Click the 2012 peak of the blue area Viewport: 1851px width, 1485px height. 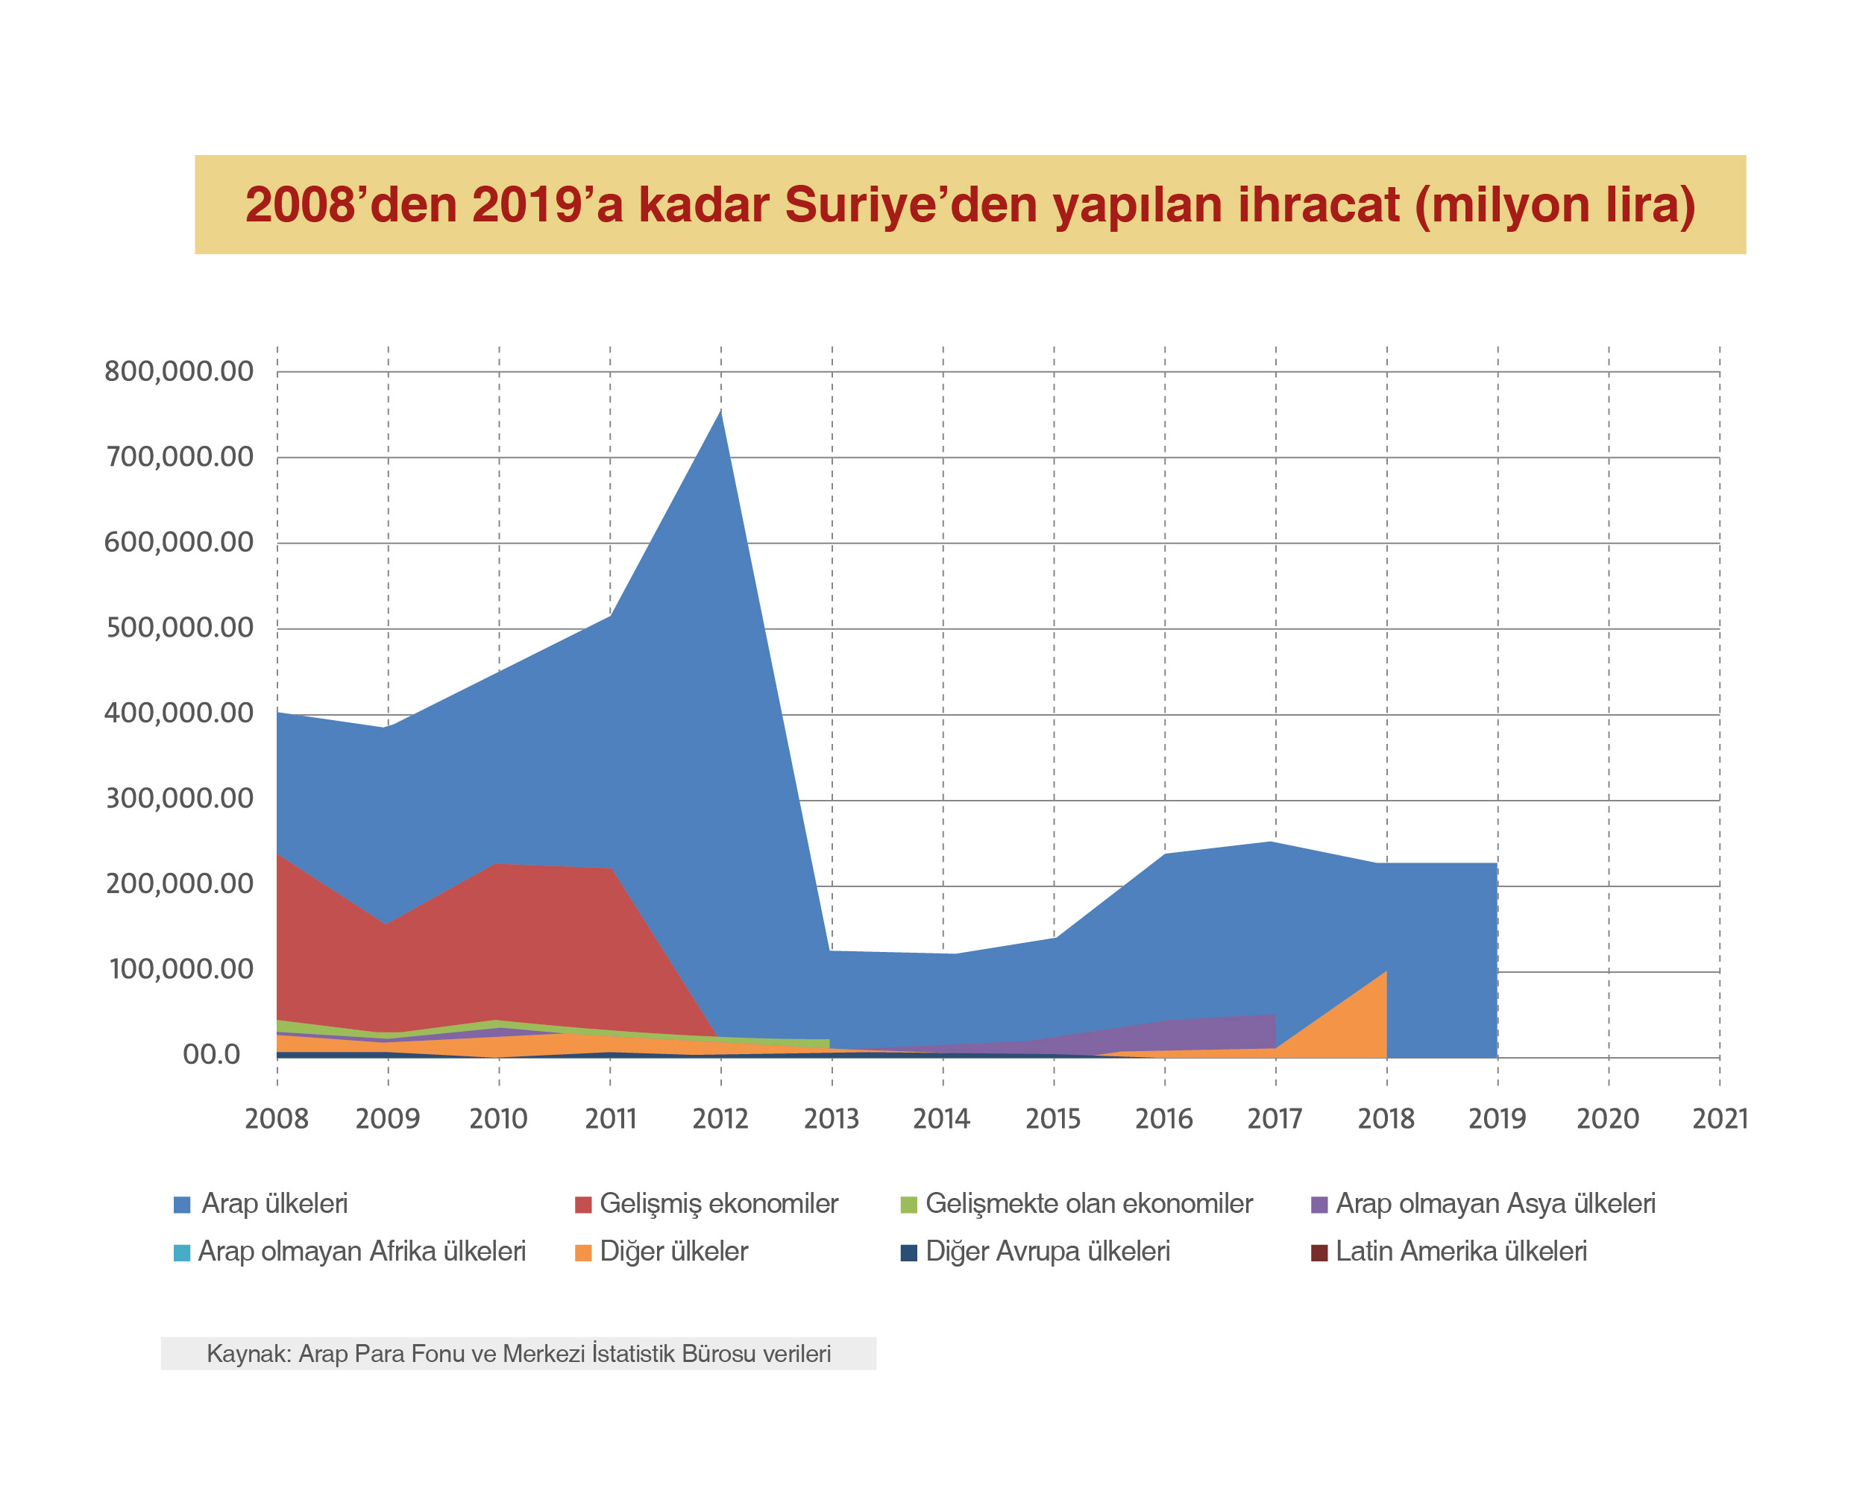720,412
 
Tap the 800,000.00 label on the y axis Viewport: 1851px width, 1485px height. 178,372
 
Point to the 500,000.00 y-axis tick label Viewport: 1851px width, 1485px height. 178,628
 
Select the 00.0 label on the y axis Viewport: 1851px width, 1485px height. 211,1054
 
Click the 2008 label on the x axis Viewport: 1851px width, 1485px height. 277,1119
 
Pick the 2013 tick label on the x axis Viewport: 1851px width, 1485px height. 831,1119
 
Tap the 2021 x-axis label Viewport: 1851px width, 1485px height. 1720,1119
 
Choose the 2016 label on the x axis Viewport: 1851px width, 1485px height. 1164,1119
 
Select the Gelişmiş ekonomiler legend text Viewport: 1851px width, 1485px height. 719,1203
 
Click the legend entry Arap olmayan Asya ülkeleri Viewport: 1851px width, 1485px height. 1495,1203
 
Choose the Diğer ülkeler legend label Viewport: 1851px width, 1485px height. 674,1252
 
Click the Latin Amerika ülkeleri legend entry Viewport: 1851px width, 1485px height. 1460,1252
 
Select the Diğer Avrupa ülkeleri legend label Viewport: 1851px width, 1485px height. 1047,1252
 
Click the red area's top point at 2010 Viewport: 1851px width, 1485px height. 499,865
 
